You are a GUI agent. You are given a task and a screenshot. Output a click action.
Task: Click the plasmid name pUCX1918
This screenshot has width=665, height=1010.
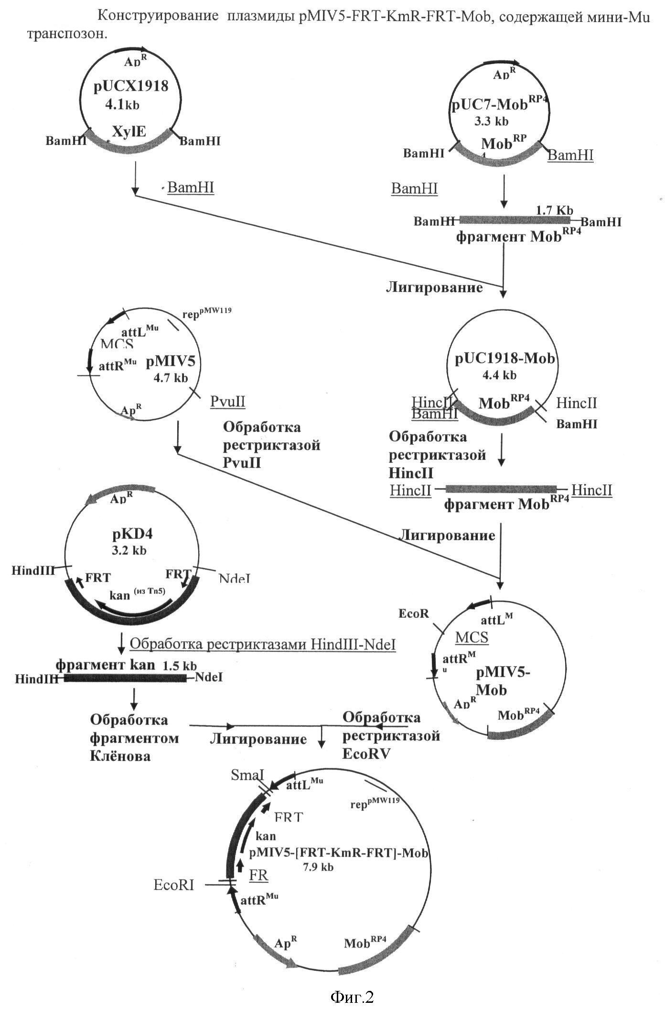click(131, 87)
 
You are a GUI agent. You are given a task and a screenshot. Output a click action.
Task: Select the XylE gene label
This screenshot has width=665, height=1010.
click(129, 132)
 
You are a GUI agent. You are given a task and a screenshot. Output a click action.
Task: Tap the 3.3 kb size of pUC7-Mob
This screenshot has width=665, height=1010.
click(491, 122)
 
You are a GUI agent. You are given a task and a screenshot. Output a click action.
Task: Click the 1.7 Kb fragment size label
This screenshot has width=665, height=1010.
click(554, 210)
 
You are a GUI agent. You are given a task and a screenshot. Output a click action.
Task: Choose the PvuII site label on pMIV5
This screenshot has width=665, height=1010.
click(228, 401)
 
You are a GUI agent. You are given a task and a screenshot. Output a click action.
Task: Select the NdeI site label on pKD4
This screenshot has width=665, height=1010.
click(234, 579)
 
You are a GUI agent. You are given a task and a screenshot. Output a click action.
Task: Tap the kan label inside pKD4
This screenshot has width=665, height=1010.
click(120, 595)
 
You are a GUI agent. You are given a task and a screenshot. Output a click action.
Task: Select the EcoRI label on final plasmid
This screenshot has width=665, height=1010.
click(174, 885)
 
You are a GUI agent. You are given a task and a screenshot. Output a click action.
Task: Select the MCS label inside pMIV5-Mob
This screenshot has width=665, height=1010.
click(472, 637)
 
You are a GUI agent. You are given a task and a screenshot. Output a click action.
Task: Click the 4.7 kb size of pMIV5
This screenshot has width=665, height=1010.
click(171, 378)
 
